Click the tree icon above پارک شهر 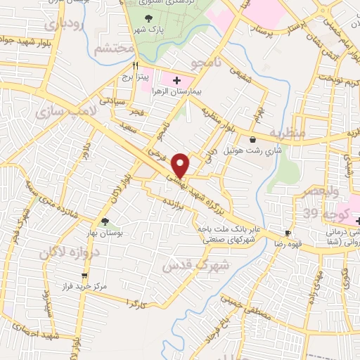click(148, 18)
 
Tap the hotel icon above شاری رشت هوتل click(252, 140)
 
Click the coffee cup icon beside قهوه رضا click(288, 233)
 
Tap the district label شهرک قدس click(186, 266)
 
